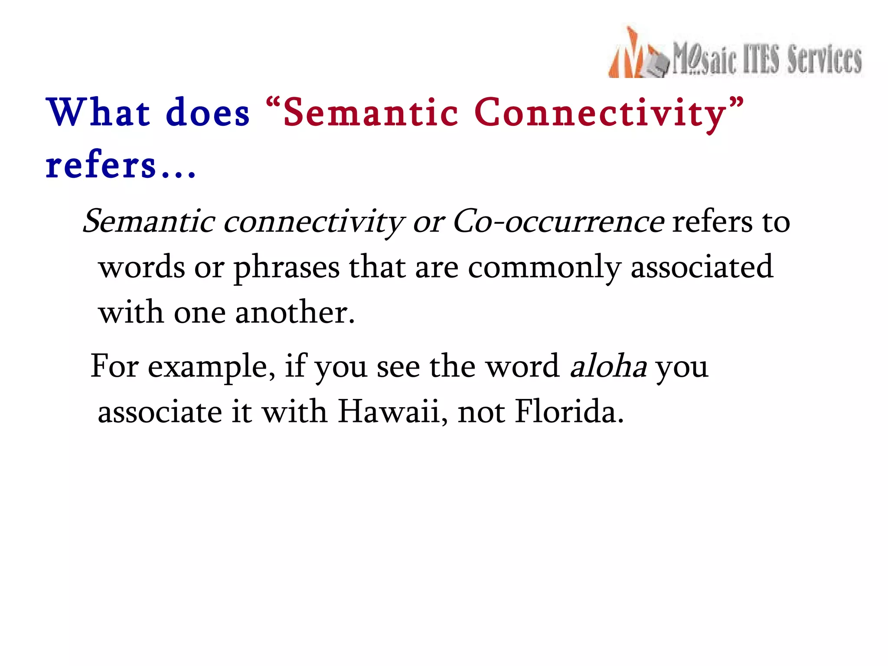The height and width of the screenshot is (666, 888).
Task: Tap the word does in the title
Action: tap(208, 113)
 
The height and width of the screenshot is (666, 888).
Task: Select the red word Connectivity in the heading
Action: tap(601, 114)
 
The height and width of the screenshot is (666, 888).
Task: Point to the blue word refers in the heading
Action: tap(101, 166)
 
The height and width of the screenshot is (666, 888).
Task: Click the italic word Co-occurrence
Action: tap(558, 222)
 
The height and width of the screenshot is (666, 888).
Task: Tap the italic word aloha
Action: tap(608, 366)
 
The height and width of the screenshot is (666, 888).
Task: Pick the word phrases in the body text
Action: tap(287, 268)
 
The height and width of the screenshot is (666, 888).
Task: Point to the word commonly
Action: tap(545, 268)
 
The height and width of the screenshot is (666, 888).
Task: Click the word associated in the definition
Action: tap(702, 267)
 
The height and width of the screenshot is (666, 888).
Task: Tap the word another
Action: tap(295, 312)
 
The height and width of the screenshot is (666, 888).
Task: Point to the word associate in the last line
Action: tap(160, 412)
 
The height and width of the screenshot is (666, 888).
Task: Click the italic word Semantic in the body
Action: tap(149, 222)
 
